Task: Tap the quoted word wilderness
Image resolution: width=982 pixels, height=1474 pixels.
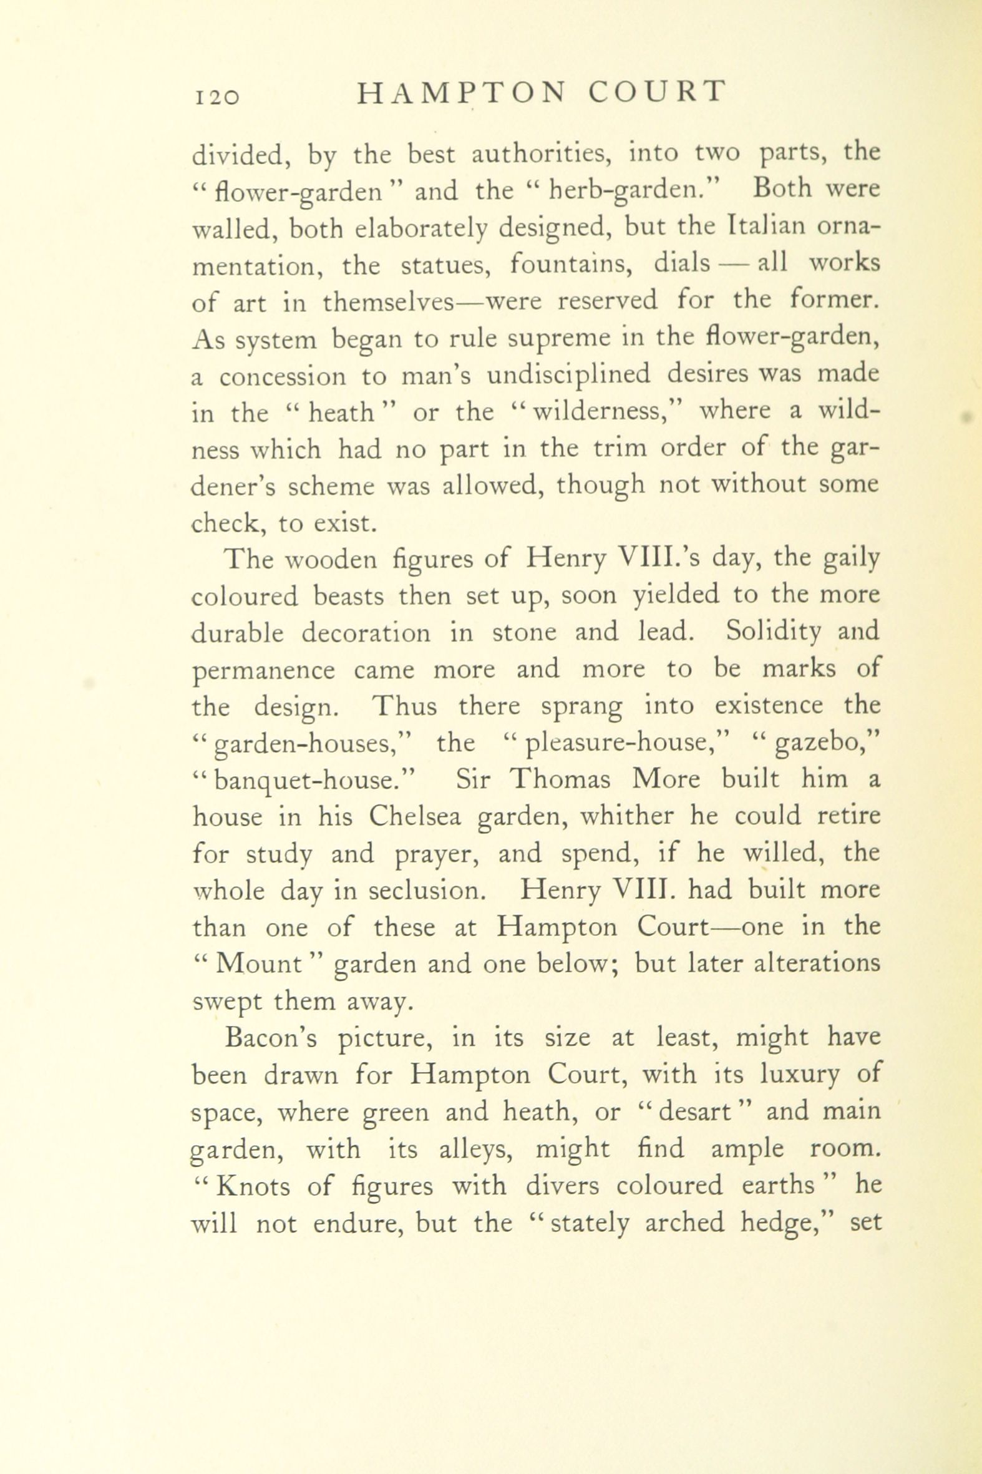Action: [595, 414]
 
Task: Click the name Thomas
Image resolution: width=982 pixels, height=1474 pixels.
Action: [559, 780]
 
